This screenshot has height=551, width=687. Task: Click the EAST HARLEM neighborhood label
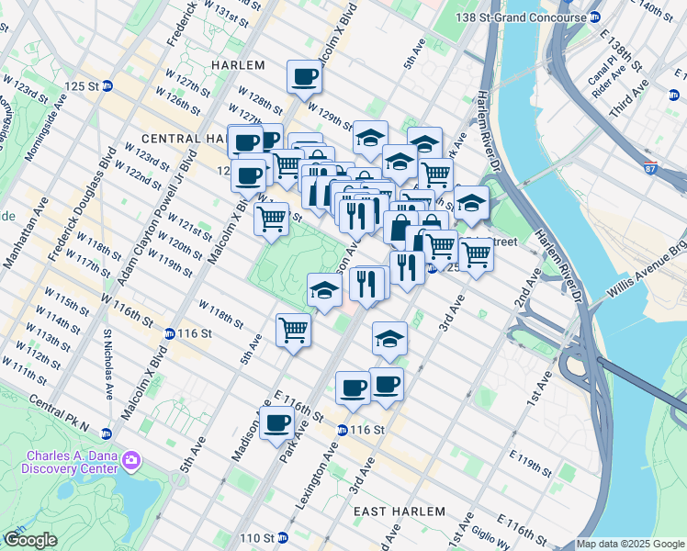click(400, 511)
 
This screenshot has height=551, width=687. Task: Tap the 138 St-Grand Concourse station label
click(524, 17)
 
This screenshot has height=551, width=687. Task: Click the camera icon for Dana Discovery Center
click(131, 459)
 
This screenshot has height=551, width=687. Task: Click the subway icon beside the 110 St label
click(282, 537)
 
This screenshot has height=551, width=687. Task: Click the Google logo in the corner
click(30, 540)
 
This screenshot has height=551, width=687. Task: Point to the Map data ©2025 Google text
click(630, 544)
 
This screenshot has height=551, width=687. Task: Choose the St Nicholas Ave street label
click(108, 365)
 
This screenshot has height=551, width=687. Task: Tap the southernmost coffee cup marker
click(276, 424)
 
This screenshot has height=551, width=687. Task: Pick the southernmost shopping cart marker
click(293, 329)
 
